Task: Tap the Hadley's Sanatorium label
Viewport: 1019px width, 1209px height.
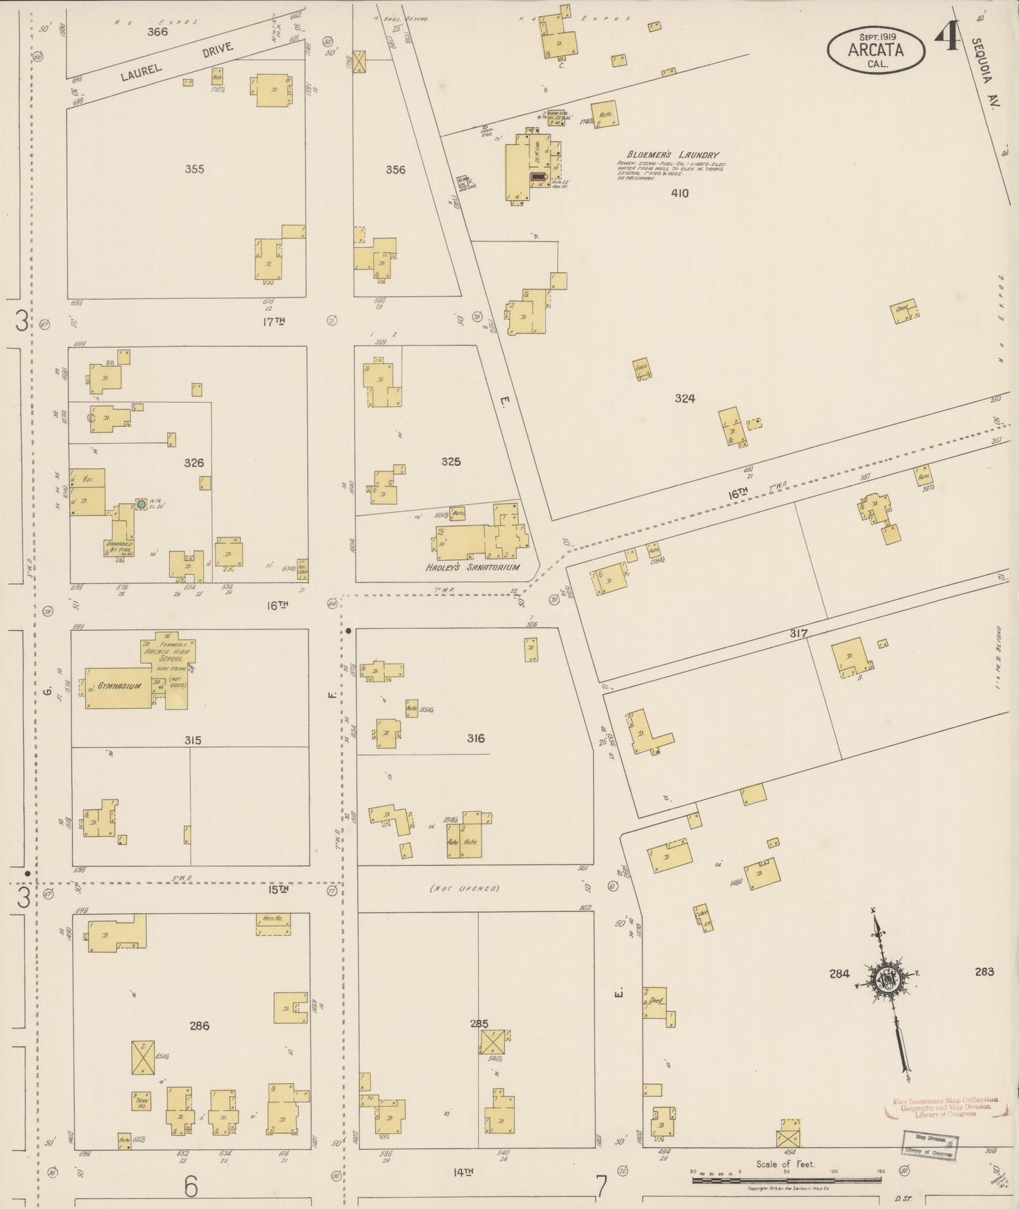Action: pos(473,567)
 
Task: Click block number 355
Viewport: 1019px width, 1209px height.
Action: pos(194,169)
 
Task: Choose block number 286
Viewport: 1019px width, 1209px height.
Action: pos(200,1026)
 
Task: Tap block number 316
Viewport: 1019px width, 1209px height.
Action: pos(475,739)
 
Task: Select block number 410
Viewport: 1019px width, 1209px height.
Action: pos(679,193)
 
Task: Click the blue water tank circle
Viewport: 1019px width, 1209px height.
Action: pos(141,504)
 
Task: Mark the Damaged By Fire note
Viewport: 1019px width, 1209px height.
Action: pos(119,549)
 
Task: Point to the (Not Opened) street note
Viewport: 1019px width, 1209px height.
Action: pos(464,888)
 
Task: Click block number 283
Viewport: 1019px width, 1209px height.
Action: pos(984,972)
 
